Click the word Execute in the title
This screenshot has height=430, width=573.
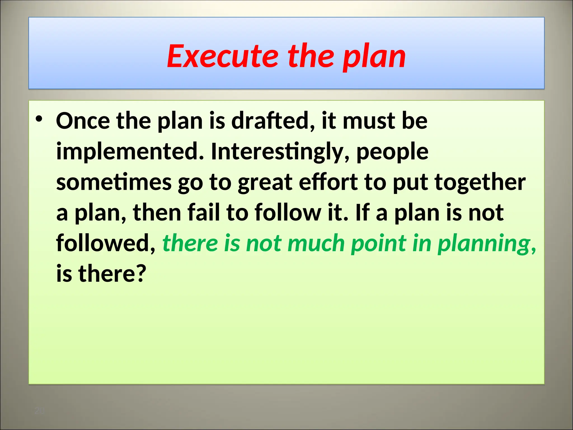pos(222,57)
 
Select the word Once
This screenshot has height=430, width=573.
pos(83,121)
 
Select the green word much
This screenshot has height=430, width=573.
pos(316,243)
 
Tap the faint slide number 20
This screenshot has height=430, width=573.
pos(39,411)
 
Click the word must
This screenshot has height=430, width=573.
pos(369,121)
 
